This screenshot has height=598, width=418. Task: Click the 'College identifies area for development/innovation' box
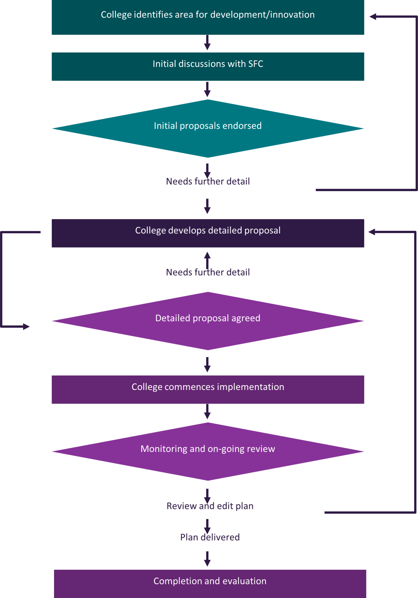[208, 18]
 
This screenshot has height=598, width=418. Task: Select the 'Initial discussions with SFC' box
[208, 67]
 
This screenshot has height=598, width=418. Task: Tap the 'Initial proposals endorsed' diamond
[208, 128]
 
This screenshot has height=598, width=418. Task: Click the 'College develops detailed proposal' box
[208, 233]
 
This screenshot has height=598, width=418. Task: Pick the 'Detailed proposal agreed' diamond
[208, 321]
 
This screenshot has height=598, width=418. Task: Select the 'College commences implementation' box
[208, 389]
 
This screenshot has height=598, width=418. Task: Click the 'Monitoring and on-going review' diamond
[208, 451]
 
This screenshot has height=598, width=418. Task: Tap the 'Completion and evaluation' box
[210, 583]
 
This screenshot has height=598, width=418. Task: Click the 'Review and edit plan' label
[210, 506]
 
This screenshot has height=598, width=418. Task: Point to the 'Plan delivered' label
[210, 537]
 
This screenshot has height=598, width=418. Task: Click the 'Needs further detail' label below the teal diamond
[208, 181]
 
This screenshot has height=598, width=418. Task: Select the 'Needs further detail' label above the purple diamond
[208, 272]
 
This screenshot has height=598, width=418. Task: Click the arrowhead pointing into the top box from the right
[372, 17]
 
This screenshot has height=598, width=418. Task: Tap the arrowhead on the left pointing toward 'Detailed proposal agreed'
[27, 326]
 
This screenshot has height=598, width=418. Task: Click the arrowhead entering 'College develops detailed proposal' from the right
[371, 232]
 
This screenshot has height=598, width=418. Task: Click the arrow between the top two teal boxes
[207, 43]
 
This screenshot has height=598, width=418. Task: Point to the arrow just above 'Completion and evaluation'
[207, 559]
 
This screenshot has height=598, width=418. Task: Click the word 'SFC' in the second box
[256, 64]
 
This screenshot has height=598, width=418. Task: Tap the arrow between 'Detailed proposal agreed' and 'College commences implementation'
[207, 364]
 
